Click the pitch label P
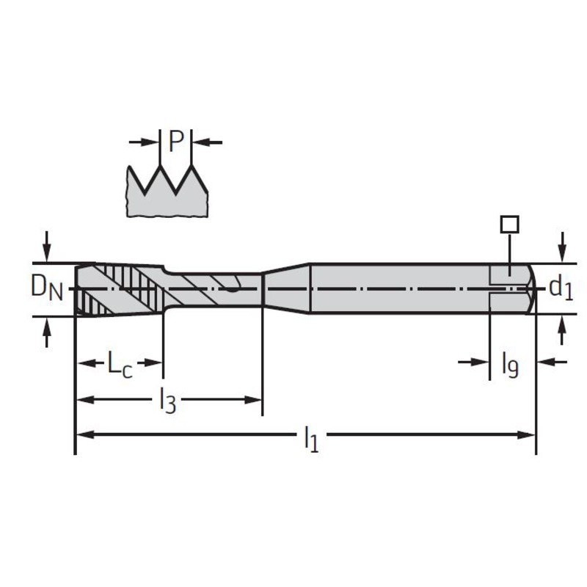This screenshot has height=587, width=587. tap(176, 142)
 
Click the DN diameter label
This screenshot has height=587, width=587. tap(46, 288)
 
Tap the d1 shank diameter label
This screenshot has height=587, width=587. tap(561, 288)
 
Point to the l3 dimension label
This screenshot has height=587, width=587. tap(167, 400)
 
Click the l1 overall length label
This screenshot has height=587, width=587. tap(310, 439)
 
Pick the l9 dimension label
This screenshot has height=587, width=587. tap(510, 365)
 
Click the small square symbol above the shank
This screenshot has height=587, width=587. tap(509, 225)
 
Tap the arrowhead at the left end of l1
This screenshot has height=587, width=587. tap(84, 434)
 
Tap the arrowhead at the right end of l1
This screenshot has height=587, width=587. tap(527, 434)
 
